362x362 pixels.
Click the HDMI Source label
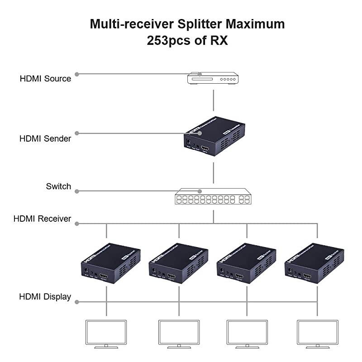coord(45,79)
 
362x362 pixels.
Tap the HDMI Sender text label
coord(45,139)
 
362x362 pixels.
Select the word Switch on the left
coord(58,186)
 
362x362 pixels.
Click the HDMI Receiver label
coord(42,219)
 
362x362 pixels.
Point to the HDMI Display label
coord(45,297)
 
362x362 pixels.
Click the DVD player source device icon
coord(213,78)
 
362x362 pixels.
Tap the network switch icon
coord(213,197)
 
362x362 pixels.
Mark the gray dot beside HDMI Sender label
coord(77,133)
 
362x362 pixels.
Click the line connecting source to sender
coord(213,100)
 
